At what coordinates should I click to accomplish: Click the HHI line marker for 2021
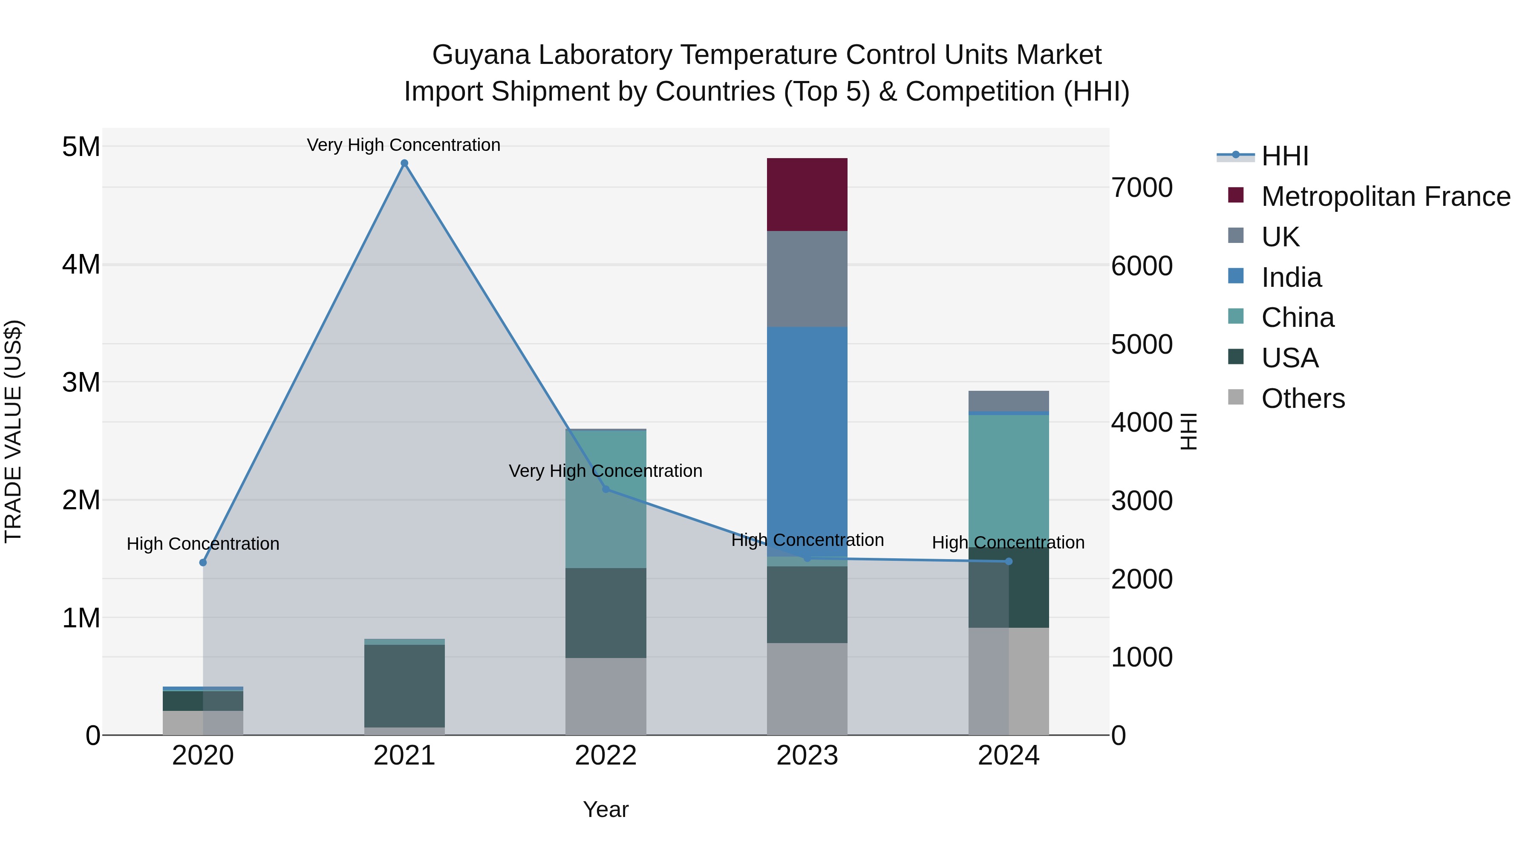[404, 163]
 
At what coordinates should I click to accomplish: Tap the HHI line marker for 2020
[203, 562]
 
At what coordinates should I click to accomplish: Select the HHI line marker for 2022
[606, 489]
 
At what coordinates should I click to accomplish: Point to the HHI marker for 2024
[1009, 561]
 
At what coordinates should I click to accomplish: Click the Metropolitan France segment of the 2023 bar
[807, 195]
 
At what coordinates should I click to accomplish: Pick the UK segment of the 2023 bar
[807, 279]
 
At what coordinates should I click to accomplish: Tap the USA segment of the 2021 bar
[404, 685]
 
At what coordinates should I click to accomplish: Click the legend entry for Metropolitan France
[1385, 196]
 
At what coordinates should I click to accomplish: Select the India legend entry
[1291, 277]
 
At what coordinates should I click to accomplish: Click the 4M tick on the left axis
[81, 264]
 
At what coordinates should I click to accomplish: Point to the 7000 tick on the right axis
[1142, 188]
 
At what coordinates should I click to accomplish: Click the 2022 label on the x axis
[606, 756]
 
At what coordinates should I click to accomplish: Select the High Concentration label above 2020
[203, 544]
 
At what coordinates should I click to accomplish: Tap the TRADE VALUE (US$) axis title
[13, 431]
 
